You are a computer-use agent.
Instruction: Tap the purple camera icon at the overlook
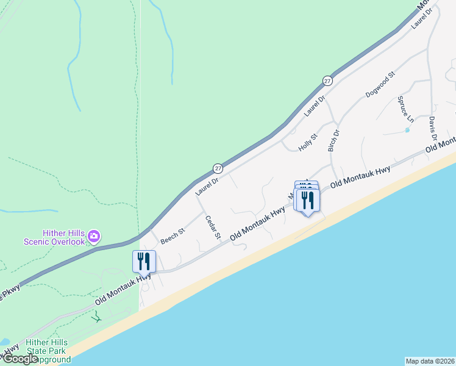[94, 235]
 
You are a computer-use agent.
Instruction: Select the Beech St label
[172, 237]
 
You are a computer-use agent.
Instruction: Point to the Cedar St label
[212, 228]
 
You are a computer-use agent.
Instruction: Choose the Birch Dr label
[333, 140]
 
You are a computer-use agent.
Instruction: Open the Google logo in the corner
[21, 359]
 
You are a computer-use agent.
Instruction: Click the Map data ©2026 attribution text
[430, 361]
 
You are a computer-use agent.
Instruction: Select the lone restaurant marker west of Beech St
[144, 261]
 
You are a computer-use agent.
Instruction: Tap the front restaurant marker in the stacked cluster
[308, 199]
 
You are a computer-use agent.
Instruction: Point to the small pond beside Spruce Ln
[407, 129]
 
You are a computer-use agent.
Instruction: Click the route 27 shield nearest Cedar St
[218, 168]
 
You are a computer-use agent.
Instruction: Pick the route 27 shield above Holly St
[327, 81]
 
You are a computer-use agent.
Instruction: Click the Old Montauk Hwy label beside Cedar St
[257, 223]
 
